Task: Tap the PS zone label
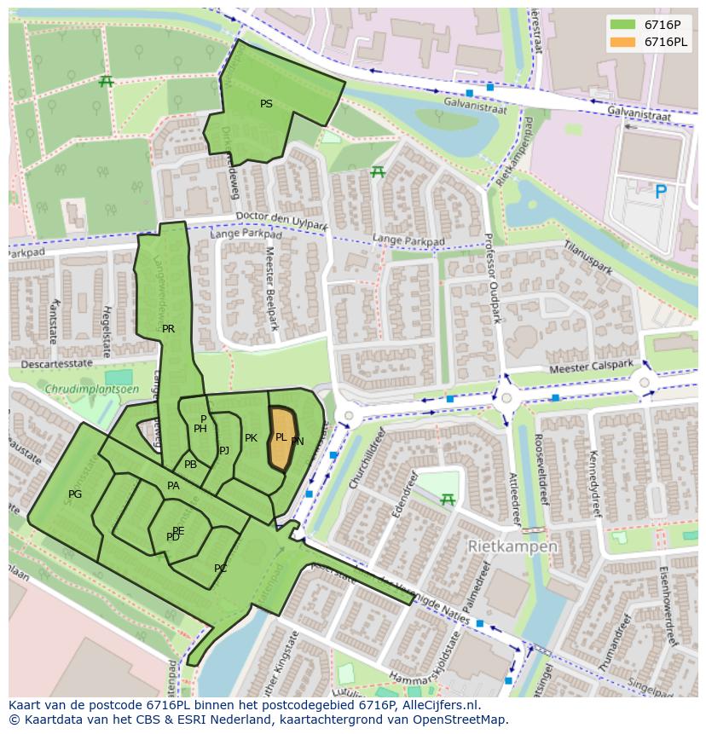tap(266, 104)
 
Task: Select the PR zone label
tap(168, 328)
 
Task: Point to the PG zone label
tap(75, 494)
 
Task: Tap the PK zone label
tap(251, 438)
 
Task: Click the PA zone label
tap(173, 486)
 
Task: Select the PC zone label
tap(220, 568)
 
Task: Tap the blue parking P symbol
tap(660, 193)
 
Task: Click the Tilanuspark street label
tap(587, 257)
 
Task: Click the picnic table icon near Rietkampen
tap(446, 500)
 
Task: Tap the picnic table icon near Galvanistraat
tap(378, 172)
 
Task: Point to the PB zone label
tap(190, 465)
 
